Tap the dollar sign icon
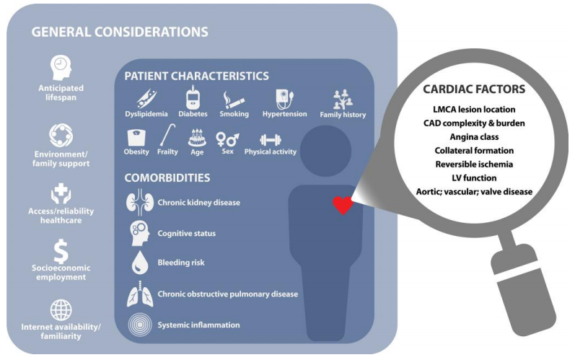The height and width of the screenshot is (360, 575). coord(60,251)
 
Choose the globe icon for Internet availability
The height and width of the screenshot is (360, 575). coord(60,309)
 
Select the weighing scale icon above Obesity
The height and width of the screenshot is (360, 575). coord(136,137)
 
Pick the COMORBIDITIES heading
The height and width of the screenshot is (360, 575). coord(167,177)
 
